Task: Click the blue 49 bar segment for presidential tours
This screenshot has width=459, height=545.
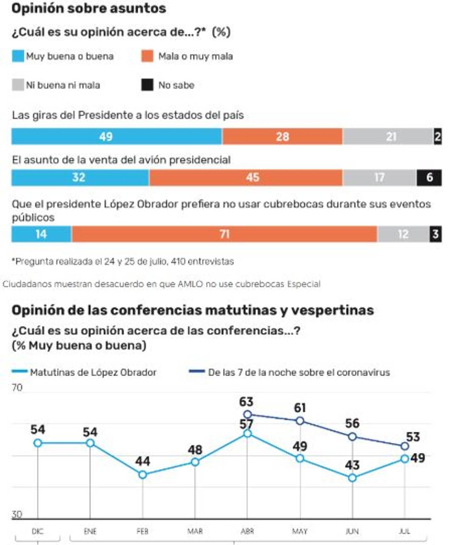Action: click(x=116, y=137)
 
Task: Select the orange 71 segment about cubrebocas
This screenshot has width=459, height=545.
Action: click(x=224, y=234)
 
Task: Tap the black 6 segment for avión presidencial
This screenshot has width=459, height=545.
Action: click(x=429, y=177)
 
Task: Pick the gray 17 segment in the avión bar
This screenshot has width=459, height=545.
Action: click(x=379, y=177)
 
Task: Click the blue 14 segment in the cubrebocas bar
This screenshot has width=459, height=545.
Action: click(x=41, y=234)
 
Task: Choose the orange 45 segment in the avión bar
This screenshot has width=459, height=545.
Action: click(x=246, y=177)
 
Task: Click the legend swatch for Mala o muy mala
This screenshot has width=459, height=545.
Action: click(x=147, y=56)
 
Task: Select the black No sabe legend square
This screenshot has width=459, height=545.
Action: click(x=147, y=85)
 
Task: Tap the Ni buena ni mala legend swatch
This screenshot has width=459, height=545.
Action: click(x=18, y=85)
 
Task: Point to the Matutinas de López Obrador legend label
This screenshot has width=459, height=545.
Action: click(x=93, y=372)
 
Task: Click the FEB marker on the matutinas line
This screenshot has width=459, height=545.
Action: click(x=143, y=474)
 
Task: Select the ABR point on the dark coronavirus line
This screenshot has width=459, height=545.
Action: click(x=247, y=414)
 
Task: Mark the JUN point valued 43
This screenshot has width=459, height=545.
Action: click(x=352, y=478)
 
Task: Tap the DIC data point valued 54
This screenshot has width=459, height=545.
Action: click(x=38, y=443)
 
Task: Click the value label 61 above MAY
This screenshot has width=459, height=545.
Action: click(x=300, y=408)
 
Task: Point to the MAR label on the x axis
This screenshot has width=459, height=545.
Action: click(x=195, y=531)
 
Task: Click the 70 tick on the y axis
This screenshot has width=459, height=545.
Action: click(x=17, y=388)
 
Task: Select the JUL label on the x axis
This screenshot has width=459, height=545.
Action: click(x=405, y=531)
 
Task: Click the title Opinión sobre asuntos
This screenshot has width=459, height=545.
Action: click(x=88, y=9)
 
